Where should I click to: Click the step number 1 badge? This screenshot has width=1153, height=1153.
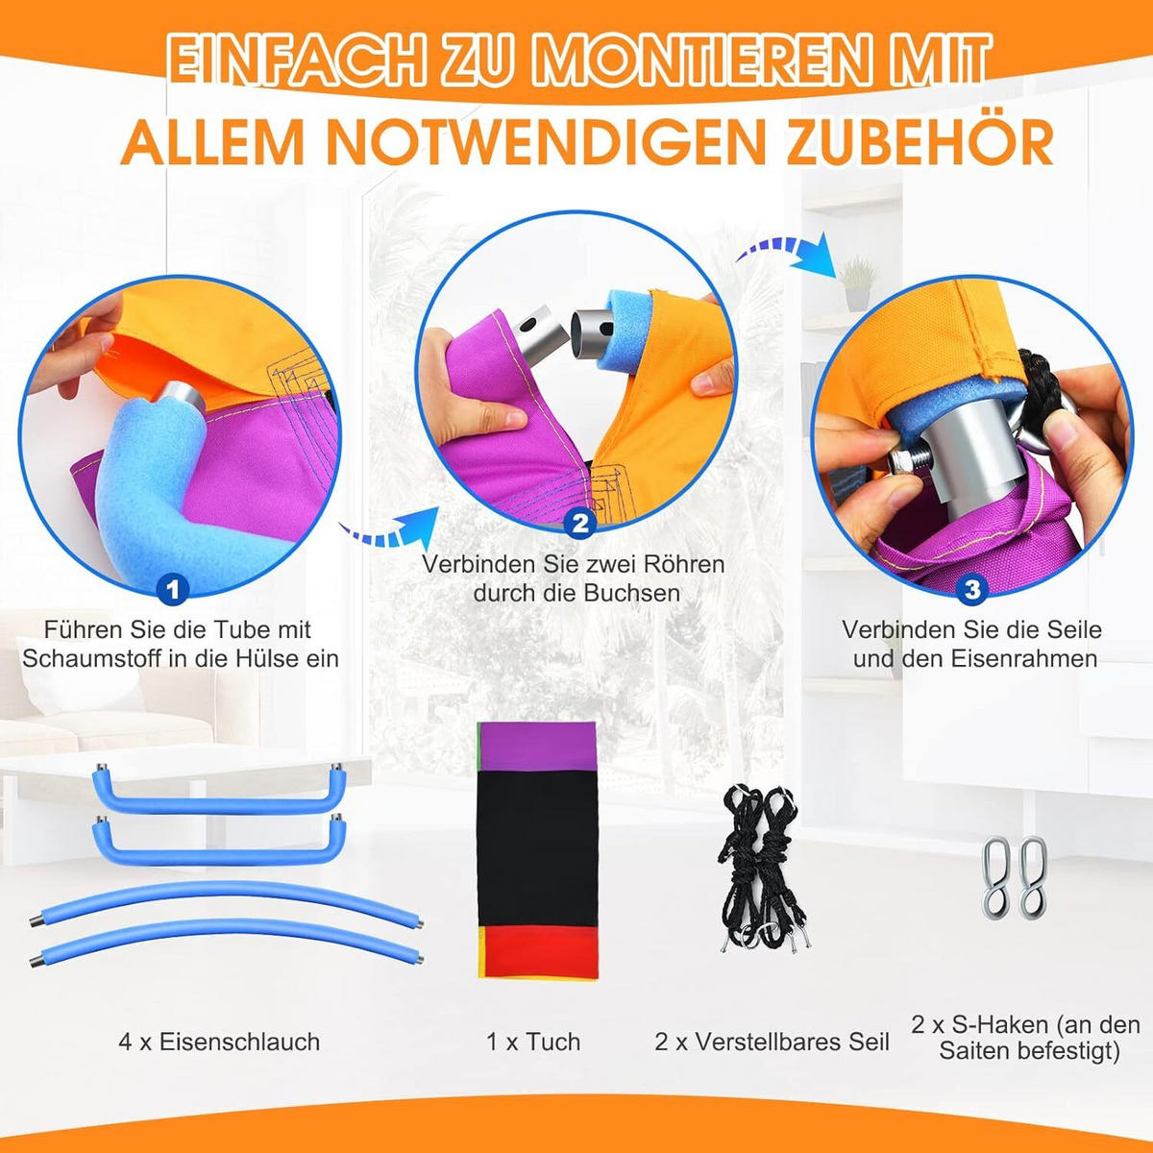(x=172, y=590)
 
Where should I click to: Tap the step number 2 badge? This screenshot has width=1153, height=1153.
(x=579, y=525)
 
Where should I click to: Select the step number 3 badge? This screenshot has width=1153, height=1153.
(x=972, y=589)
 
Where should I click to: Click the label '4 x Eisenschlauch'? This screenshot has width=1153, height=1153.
(x=219, y=1042)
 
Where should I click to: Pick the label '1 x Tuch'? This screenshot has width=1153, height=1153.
(x=533, y=1042)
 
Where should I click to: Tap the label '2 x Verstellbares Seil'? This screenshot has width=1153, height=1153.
(x=772, y=1042)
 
